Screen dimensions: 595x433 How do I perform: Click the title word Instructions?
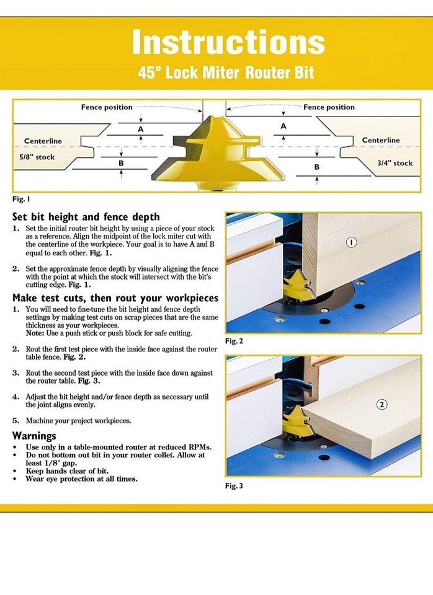[228, 42]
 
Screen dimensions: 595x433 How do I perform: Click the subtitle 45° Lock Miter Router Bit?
[226, 73]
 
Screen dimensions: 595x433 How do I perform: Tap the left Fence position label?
[107, 107]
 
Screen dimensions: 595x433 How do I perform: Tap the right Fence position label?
[329, 107]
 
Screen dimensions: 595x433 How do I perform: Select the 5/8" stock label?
[37, 157]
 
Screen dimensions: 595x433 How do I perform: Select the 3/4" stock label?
[395, 163]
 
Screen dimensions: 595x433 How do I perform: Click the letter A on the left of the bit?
[141, 128]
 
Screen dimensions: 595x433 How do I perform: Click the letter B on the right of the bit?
[316, 167]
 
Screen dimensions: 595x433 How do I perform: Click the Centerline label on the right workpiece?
[381, 140]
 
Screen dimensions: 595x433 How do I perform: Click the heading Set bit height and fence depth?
[86, 217]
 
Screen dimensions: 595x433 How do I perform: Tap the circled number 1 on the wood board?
[351, 242]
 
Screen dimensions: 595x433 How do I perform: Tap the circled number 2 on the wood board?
[382, 405]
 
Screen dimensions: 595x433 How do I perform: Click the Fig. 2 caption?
[234, 341]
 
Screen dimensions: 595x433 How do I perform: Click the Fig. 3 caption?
[234, 485]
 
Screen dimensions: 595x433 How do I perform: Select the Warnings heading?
[34, 436]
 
